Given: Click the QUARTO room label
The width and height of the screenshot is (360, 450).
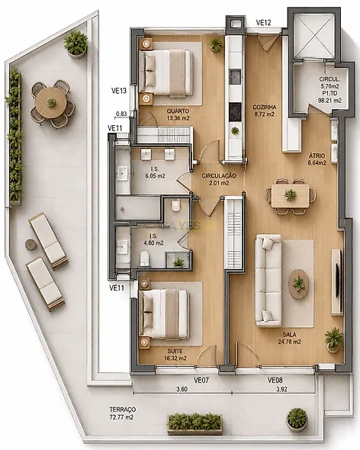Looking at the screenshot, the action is [178, 111].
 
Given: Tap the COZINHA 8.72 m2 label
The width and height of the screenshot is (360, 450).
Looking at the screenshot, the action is [264, 111].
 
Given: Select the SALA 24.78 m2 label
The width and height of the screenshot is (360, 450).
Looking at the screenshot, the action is [289, 338].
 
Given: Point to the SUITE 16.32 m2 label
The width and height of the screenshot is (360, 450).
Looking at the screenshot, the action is [175, 355].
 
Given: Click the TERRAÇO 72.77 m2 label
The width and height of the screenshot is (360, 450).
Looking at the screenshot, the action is [122, 413].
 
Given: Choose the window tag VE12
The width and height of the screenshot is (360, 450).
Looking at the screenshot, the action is [263, 22].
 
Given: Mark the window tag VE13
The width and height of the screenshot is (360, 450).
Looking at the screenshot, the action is [119, 91].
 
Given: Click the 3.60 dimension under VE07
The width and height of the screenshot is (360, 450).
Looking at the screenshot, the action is [182, 389].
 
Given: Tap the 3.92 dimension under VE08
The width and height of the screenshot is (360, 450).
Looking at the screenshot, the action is [281, 389].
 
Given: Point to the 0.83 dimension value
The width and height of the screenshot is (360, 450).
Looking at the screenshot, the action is [121, 114].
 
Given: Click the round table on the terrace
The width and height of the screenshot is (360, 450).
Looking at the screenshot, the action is [51, 102].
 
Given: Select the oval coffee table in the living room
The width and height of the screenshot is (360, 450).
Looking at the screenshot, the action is [298, 284].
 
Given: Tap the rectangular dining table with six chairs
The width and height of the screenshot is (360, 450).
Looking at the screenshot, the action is [291, 196].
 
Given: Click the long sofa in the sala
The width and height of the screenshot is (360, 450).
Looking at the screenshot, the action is [268, 281].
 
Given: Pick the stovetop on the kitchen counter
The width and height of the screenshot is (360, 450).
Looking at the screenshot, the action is [235, 111].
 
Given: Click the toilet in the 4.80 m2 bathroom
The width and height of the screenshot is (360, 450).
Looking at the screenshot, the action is [144, 258].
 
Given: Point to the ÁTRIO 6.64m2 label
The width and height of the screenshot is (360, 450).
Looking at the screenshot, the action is [317, 159].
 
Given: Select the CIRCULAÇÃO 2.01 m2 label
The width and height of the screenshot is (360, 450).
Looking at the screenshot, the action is [219, 179].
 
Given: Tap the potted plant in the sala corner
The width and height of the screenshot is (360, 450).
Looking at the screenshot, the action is [333, 340].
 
